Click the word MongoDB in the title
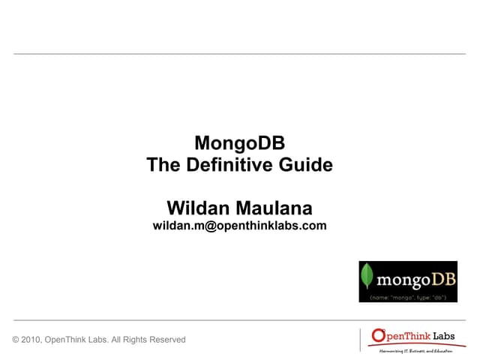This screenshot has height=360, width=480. pos(240,142)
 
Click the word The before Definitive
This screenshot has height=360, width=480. pos(163,165)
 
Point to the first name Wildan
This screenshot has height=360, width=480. pos(197,207)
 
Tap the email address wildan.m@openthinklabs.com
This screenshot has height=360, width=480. pos(240,225)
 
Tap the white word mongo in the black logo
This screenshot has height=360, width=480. pos(402,281)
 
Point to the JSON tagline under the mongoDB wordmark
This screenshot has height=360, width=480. pos(409,297)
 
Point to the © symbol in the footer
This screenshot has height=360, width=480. pos(16,340)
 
